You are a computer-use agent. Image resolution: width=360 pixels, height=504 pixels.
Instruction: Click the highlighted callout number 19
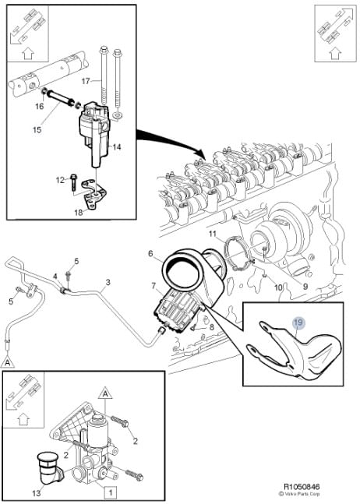coord(298,322)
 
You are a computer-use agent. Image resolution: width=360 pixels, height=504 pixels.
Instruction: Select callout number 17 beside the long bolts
coord(86,81)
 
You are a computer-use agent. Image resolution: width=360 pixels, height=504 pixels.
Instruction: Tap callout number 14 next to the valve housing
coord(117,147)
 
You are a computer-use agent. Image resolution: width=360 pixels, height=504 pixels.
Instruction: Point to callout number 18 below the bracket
coord(79,213)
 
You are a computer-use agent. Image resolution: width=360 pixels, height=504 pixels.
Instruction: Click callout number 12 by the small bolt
coord(60,180)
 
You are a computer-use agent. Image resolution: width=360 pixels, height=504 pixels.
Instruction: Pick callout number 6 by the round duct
coord(150,254)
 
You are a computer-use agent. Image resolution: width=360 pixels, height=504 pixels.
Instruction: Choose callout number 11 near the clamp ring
coord(213,234)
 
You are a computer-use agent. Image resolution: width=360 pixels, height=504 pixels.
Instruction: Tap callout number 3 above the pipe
coord(108,282)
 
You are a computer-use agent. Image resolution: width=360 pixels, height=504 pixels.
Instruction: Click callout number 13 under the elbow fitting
coord(37,493)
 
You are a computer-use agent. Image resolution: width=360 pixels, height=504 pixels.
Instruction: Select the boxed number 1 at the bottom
coord(111,492)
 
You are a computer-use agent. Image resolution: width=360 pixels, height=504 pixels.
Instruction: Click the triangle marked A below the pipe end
coord(7,362)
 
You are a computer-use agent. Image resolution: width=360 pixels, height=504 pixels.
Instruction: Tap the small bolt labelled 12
coord(72,182)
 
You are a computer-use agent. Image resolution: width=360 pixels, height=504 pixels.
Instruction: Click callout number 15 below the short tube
coord(37,129)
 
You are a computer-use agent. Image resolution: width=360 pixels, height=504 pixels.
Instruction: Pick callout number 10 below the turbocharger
coord(277,287)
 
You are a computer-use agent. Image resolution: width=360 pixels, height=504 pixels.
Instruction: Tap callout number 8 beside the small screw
coord(211,327)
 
